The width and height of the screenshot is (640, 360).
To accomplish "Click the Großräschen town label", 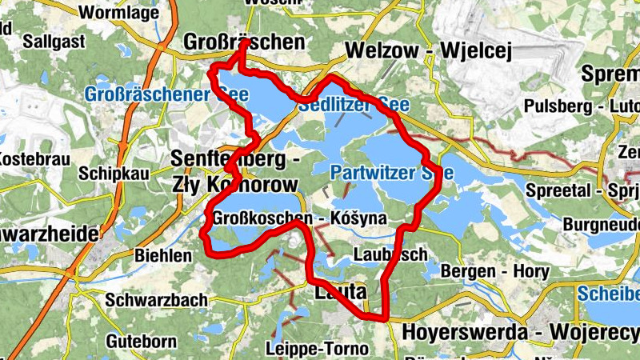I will pos(244,42).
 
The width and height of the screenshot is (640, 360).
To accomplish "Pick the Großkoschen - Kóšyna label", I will pos(300,218).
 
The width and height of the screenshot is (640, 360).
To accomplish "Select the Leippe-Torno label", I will pos(317,349).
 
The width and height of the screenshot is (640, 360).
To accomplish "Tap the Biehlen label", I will pos(164,256).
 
